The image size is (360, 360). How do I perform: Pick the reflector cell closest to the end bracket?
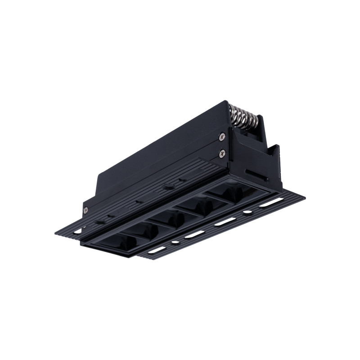tap(234, 191)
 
